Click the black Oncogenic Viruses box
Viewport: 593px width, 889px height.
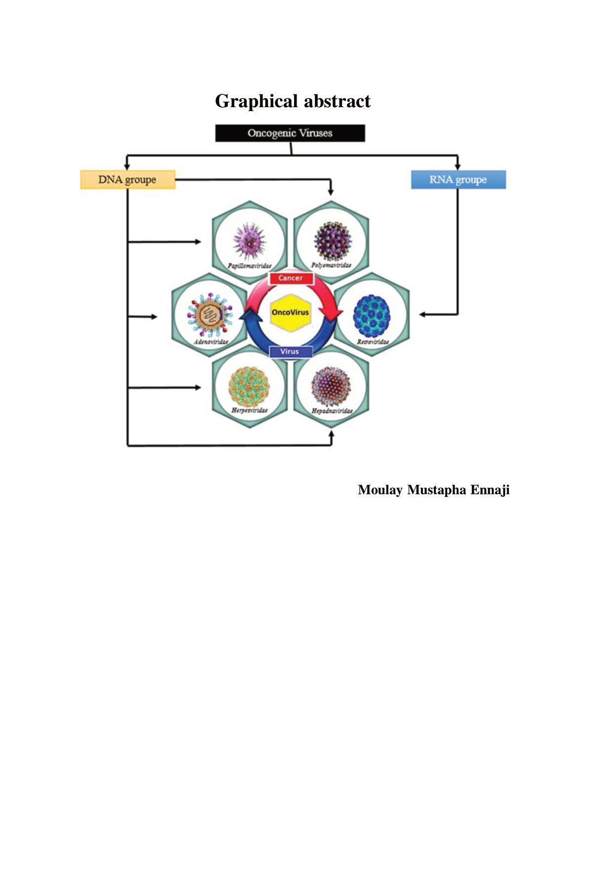(290, 133)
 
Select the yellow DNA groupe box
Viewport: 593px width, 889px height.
(127, 180)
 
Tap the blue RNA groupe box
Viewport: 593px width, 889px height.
(458, 180)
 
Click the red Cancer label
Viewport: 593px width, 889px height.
(291, 278)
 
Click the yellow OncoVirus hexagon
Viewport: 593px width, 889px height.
(290, 313)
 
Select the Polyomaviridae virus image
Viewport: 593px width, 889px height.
(332, 241)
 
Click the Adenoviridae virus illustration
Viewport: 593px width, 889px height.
(210, 316)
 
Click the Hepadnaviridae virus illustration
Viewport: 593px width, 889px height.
(331, 386)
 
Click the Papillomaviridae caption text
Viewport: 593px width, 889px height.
(250, 266)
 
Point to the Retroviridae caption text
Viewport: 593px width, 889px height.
(373, 342)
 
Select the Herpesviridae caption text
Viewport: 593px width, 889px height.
(250, 410)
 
